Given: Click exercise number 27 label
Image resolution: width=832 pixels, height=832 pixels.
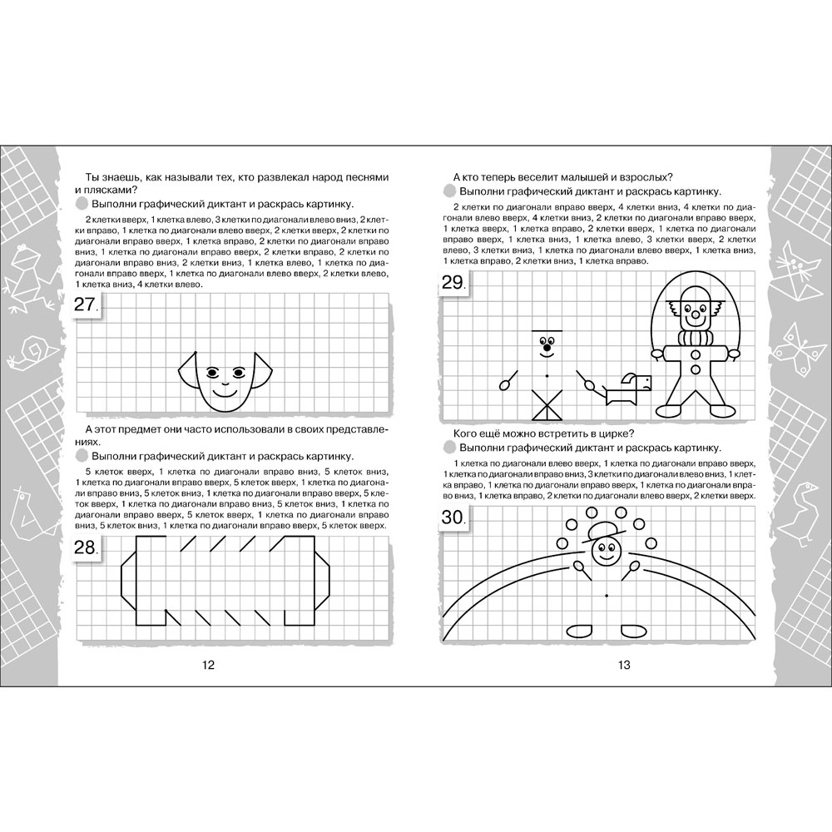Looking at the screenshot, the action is [87, 306].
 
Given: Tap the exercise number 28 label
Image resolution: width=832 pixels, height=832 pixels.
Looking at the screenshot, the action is [87, 547].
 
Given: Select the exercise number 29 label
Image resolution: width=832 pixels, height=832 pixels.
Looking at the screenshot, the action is [454, 283].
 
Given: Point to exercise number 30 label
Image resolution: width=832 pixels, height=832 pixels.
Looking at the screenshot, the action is [454, 518].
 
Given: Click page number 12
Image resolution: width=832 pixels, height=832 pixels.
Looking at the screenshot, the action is [208, 665].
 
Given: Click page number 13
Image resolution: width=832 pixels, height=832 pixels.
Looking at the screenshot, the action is [624, 665].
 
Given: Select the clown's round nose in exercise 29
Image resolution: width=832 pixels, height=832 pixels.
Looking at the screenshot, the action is [695, 315].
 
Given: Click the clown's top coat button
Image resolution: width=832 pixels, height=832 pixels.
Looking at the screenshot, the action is [695, 352].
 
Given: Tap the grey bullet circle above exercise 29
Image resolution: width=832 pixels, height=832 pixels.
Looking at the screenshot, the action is [450, 191].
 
